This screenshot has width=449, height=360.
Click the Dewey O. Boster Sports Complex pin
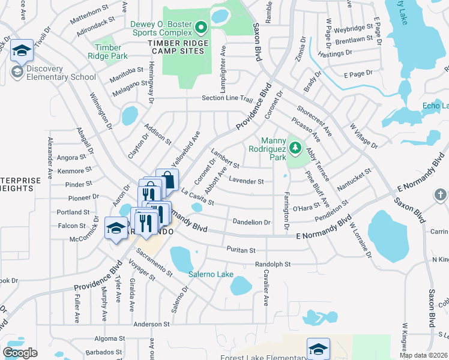[202, 27]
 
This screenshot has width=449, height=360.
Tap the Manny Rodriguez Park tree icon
[295, 146]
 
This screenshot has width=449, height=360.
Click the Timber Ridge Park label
[111, 52]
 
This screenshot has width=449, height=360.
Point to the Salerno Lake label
[211, 274]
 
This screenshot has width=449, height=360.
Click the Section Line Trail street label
[228, 98]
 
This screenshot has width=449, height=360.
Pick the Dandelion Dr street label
[252, 222]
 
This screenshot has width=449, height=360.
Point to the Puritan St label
[241, 250]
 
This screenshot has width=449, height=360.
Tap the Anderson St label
[151, 324]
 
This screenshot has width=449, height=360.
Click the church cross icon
[440, 195]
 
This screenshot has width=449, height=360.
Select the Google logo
[20, 353]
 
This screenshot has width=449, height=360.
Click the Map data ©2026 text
[424, 355]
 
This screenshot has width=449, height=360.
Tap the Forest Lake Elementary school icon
[318, 349]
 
